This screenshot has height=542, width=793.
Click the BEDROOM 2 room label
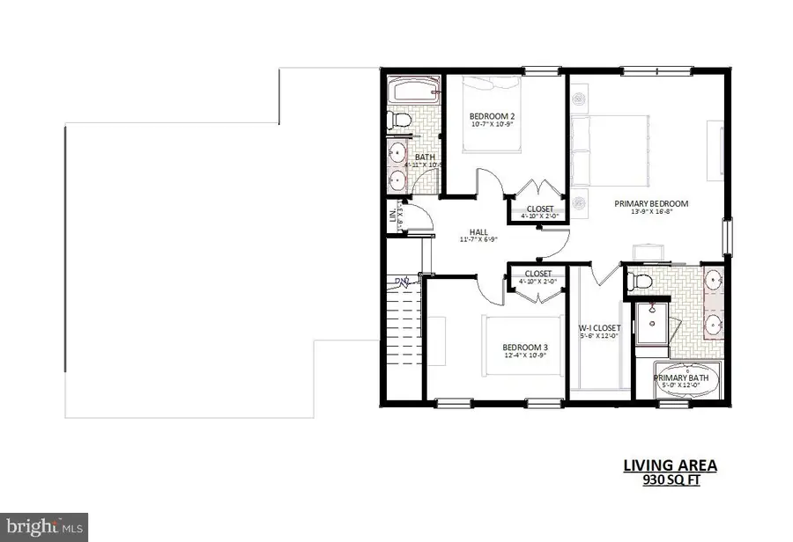(492, 117)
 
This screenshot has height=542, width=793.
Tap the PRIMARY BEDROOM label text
(651, 203)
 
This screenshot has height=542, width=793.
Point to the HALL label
(479, 231)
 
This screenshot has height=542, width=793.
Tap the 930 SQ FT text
(671, 480)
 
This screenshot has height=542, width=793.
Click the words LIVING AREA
(671, 465)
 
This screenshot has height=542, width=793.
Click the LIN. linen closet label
(392, 216)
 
